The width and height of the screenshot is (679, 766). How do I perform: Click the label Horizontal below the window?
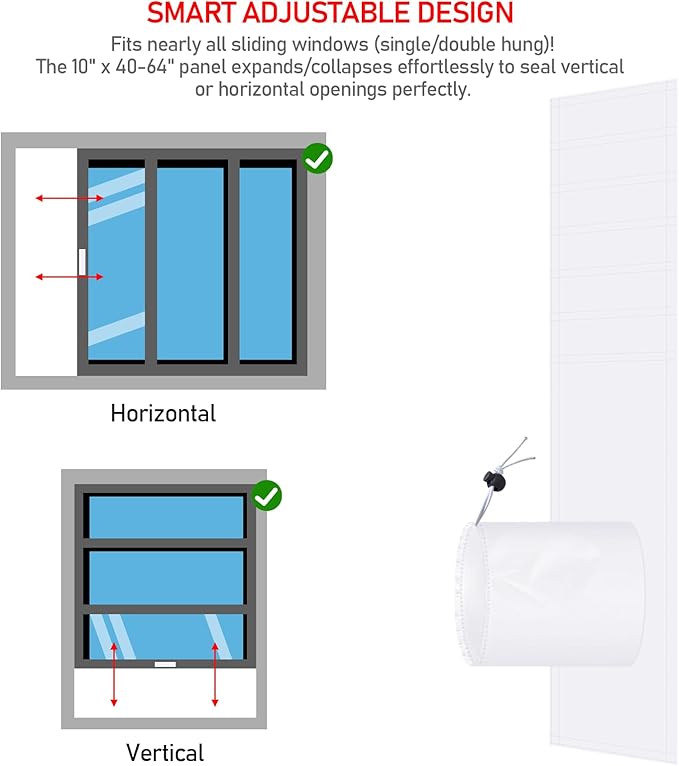tap(163, 413)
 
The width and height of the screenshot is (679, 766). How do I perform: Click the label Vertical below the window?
tap(165, 752)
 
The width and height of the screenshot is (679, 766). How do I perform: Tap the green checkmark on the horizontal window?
tap(318, 158)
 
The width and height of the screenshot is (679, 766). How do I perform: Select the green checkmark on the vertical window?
tap(267, 496)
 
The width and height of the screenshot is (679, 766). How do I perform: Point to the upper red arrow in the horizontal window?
tap(69, 198)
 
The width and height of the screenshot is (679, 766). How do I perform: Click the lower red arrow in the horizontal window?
tap(69, 276)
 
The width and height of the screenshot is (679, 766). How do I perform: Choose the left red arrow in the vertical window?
tap(114, 675)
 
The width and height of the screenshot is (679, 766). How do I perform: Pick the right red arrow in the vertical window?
tap(215, 675)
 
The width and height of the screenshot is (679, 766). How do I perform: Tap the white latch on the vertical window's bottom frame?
tap(165, 664)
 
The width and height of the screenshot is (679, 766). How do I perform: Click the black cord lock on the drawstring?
tap(494, 481)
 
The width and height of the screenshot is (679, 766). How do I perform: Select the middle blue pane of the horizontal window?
tap(190, 263)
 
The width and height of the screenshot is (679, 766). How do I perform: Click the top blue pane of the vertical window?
tap(166, 517)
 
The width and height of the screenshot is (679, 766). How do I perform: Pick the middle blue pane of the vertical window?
tap(166, 577)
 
